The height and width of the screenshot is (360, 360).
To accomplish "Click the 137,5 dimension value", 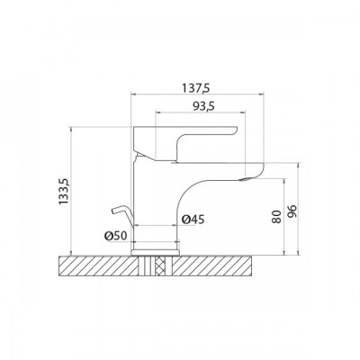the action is coord(196,88).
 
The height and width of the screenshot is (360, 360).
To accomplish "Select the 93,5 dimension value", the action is coord(203,106).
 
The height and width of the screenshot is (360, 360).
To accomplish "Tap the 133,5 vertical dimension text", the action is coord(64,192).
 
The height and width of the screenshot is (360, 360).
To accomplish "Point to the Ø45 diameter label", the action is coord(193,220).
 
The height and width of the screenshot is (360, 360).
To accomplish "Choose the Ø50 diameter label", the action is coord(116,236).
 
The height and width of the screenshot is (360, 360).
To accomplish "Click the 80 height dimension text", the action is coord(277,217).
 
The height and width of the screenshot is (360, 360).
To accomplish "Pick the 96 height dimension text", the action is coord(292,211).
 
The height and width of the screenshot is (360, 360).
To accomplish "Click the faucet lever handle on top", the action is coord(184,142).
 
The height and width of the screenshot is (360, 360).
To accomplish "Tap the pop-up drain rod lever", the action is coord(122,215).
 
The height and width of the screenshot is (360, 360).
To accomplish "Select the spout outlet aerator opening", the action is coord(246,179).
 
